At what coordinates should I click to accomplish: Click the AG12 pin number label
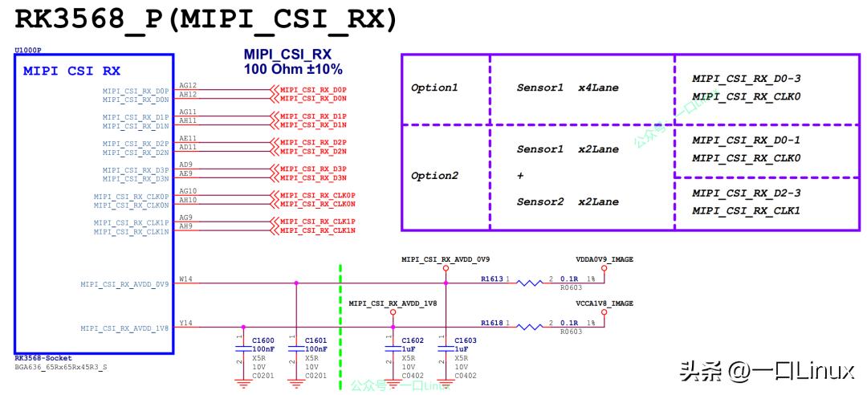(x=188, y=85)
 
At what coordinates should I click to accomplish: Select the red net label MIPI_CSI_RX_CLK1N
(x=317, y=230)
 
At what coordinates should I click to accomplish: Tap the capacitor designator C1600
(x=263, y=340)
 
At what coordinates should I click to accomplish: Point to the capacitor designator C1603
(x=466, y=340)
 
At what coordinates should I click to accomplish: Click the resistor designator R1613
(x=492, y=279)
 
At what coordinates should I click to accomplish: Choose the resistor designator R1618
(x=492, y=322)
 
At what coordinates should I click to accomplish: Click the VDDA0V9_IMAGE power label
(x=604, y=259)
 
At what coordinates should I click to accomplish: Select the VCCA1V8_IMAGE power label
(x=604, y=303)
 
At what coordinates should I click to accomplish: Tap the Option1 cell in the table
(x=434, y=88)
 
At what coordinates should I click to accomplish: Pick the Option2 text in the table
(x=434, y=176)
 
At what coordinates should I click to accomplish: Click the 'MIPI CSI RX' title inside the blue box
(x=71, y=71)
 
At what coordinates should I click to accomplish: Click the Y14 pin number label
(x=185, y=323)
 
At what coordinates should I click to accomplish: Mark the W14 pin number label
(x=185, y=279)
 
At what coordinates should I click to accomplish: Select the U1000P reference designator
(x=29, y=51)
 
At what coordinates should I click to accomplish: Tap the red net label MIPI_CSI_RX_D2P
(x=313, y=142)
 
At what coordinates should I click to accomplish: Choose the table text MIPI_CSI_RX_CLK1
(x=746, y=210)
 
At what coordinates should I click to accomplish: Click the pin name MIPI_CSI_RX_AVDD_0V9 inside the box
(x=124, y=284)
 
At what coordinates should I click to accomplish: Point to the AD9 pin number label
(x=185, y=165)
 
